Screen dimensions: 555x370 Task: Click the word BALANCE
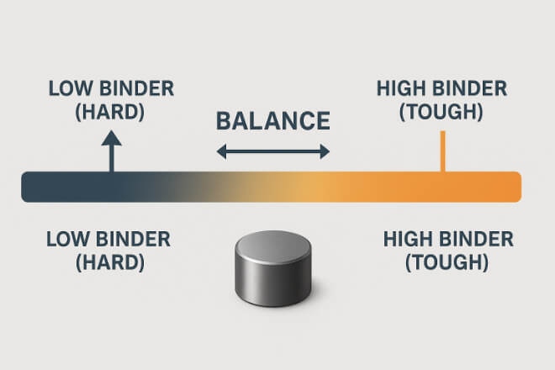click(273, 121)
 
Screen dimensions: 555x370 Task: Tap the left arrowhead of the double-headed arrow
click(221, 152)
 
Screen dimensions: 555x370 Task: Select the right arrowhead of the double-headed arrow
click(325, 152)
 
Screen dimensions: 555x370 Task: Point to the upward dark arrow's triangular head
click(112, 138)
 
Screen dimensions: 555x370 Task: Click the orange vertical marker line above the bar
click(442, 151)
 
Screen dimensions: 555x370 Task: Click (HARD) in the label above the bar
click(109, 112)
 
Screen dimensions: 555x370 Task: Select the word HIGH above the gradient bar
click(401, 88)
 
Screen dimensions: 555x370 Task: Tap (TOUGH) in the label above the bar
click(441, 112)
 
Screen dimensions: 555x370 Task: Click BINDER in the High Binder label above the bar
click(470, 88)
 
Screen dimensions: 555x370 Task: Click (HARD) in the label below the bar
click(109, 262)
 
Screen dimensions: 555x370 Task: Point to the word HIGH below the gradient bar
click(408, 240)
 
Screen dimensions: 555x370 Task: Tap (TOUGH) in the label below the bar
click(447, 262)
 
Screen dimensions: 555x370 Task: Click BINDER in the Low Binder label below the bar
click(134, 240)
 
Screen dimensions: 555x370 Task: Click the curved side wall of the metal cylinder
click(273, 283)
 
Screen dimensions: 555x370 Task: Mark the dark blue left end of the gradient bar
click(32, 187)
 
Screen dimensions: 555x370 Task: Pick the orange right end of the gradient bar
click(510, 187)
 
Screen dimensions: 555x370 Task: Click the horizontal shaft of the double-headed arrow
click(273, 152)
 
